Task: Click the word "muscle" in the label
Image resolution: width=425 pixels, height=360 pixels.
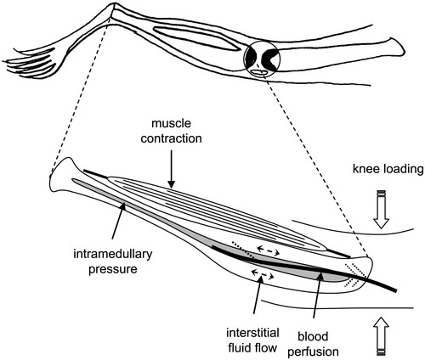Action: point(171,124)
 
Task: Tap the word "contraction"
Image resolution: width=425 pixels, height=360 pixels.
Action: point(171,138)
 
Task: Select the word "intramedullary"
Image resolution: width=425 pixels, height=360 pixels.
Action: point(113,254)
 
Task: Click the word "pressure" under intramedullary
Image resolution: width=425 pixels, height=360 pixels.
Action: point(113,269)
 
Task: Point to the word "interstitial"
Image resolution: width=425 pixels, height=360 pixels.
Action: point(252,333)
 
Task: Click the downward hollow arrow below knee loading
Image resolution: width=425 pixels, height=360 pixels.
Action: point(381,210)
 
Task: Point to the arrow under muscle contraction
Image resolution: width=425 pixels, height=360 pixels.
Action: point(171,169)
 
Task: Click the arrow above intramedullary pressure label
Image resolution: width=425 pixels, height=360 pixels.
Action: point(117,221)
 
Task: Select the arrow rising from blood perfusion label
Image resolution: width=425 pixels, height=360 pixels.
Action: point(317,295)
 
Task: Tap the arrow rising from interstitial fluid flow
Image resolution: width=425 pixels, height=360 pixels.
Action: point(258,295)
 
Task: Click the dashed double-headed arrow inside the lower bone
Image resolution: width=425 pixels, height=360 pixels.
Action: point(263,274)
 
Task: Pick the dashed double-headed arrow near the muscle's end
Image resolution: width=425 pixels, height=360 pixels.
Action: point(268,250)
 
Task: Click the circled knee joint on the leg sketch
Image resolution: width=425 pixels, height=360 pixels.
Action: point(262,59)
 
